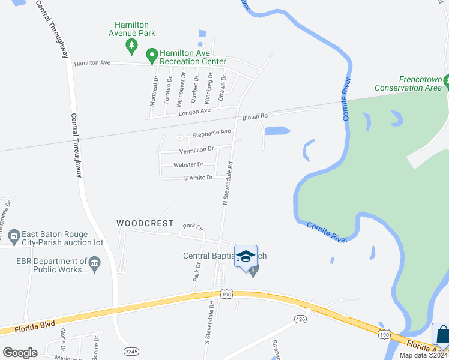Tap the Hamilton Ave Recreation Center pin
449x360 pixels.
pos(152,55)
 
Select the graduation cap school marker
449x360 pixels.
pos(246,257)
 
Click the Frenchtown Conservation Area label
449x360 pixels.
pos(407,84)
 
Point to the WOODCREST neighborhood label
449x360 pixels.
pos(145,223)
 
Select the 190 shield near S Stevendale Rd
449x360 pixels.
pos(226,293)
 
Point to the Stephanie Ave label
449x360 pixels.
pos(211,132)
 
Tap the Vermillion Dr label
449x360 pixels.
pos(196,149)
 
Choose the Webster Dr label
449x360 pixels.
pos(188,164)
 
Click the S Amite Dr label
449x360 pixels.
pos(199,178)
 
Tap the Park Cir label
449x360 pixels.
pos(193,227)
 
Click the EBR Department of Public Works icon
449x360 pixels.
pos(94,263)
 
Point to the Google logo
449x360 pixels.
pos(20,352)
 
